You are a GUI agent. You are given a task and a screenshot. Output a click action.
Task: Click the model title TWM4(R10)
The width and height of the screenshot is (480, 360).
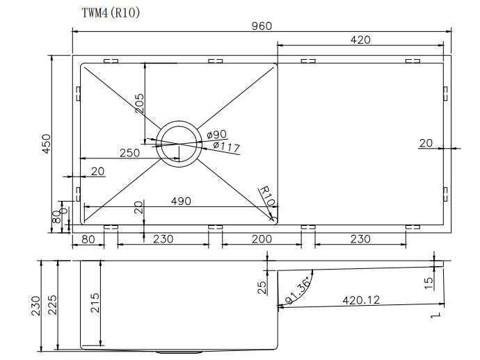click(110, 13)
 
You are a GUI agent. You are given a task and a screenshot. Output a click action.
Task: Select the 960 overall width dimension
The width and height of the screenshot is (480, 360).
click(262, 26)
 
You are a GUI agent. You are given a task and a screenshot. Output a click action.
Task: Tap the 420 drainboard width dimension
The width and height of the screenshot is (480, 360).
click(360, 40)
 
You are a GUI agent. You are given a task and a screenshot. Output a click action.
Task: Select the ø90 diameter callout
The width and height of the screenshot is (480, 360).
click(217, 134)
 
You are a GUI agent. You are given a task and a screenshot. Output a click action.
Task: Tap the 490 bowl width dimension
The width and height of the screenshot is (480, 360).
click(181, 201)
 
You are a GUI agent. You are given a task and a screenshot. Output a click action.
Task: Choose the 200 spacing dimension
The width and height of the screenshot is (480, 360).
click(262, 239)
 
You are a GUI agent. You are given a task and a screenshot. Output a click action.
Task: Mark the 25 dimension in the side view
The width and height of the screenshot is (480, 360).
click(262, 287)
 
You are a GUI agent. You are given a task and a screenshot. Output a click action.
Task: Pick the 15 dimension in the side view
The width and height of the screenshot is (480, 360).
click(429, 282)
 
